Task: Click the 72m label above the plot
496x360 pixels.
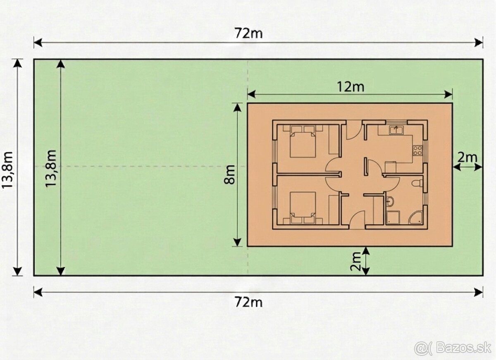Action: click(249, 33)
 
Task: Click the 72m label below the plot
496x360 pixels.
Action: click(249, 302)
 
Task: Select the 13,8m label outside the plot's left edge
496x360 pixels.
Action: click(7, 170)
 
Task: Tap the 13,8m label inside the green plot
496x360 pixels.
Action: click(51, 168)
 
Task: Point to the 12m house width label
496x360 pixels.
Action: click(351, 87)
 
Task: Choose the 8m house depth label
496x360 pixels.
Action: click(229, 174)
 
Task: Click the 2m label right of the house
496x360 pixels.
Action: click(467, 157)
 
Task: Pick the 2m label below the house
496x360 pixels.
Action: click(355, 262)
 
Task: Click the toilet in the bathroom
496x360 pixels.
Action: click(417, 183)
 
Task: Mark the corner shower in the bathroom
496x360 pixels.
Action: click(415, 218)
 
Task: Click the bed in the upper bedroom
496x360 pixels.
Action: click(303, 143)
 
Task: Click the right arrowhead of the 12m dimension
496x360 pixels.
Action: click(448, 95)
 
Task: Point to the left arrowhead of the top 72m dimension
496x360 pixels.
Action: click(38, 43)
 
